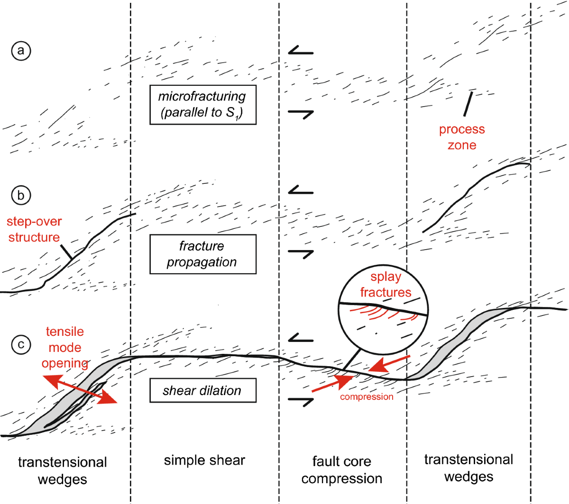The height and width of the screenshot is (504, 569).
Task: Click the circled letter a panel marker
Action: click(21, 50)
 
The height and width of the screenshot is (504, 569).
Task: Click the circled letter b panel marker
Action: click(21, 195)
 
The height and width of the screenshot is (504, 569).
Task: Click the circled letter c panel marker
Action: click(21, 344)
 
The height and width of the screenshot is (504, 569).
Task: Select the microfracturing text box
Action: click(202, 105)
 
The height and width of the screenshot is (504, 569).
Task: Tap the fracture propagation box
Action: click(202, 254)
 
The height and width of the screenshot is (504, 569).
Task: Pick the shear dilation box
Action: click(202, 390)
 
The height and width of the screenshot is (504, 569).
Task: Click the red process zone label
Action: click(461, 137)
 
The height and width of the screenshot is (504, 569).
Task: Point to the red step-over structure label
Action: click(34, 229)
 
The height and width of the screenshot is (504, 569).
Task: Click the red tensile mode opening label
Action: click(65, 347)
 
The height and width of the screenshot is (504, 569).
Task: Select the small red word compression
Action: click(367, 397)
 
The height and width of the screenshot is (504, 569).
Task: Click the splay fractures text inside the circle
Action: click(385, 284)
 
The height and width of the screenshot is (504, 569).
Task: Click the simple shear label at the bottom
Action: click(204, 460)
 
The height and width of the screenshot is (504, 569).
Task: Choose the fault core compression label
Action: click(341, 469)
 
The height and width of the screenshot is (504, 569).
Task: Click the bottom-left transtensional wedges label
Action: click(62, 470)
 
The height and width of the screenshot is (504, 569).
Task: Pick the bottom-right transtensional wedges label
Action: click(468, 468)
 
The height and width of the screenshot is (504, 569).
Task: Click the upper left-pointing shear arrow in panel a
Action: click(301, 50)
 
